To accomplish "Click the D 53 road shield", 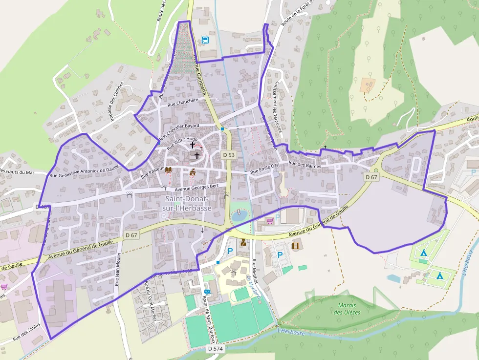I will pos(229,155).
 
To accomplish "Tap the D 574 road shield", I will pos(215,349).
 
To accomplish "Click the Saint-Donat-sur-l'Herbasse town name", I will pos(187,204).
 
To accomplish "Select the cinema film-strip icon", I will pos(296,245).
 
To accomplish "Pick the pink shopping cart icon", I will pos(269,221).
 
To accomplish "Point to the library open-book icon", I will pos(169,170).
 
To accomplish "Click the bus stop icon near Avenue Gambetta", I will pos(205,40).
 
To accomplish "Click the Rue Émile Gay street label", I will pos(264,169).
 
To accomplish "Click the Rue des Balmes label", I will pos(305,165).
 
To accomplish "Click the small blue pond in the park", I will pos(239,215).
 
